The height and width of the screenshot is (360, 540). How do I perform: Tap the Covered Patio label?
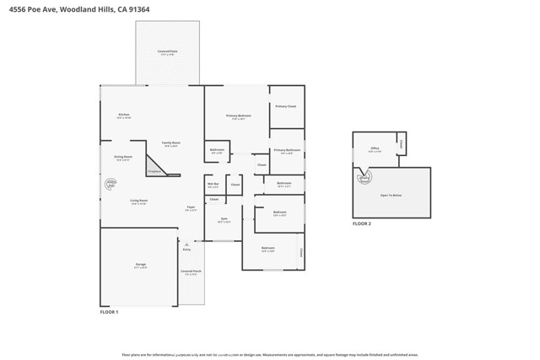pyautogui.click(x=167, y=52)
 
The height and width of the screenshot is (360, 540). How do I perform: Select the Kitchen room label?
pyautogui.click(x=123, y=116)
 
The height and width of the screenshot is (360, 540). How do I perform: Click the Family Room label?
pyautogui.click(x=171, y=143)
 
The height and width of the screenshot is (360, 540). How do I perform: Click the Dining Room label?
pyautogui.click(x=123, y=157)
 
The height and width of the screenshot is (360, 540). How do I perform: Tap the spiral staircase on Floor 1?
pyautogui.click(x=110, y=183)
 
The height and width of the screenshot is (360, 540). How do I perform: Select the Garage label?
pyautogui.click(x=140, y=265)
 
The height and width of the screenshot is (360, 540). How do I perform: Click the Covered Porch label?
pyautogui.click(x=192, y=272)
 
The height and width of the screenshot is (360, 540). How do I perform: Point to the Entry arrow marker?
pyautogui.click(x=186, y=244)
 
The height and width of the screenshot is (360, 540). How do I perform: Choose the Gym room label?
pyautogui.click(x=224, y=219)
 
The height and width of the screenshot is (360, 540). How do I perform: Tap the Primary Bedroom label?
pyautogui.click(x=238, y=116)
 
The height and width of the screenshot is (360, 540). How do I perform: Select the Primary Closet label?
pyautogui.click(x=286, y=106)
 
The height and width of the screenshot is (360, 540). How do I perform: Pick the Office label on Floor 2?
pyautogui.click(x=374, y=149)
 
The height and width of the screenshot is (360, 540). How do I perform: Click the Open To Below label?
pyautogui.click(x=391, y=195)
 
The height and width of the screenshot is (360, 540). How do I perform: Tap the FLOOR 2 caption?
pyautogui.click(x=361, y=224)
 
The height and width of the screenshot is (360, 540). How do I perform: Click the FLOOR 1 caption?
pyautogui.click(x=110, y=312)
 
